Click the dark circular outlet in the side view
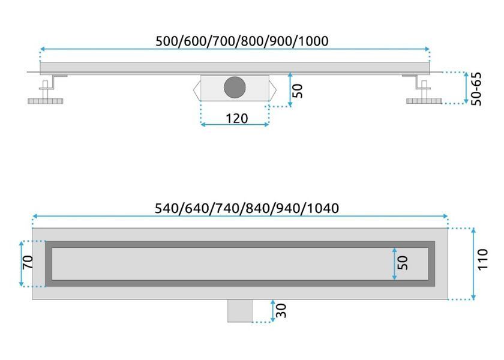[x=235, y=87]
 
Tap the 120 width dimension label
[x=237, y=119]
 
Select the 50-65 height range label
[x=476, y=89]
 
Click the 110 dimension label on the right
[x=482, y=259]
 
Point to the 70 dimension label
[x=28, y=262]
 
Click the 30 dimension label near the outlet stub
[x=281, y=311]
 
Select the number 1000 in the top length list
[x=314, y=41]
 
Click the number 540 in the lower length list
[x=166, y=208]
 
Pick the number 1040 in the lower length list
[x=323, y=208]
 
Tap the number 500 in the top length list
[x=167, y=41]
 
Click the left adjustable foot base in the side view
[x=46, y=101]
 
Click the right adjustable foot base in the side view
[x=424, y=101]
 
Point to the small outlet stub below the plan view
[x=240, y=311]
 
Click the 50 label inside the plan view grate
[x=403, y=263]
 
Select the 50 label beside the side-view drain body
[x=298, y=91]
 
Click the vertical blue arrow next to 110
[x=473, y=263]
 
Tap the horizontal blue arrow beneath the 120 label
[x=235, y=124]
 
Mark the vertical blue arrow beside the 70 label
[x=21, y=263]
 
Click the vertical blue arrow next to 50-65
[x=466, y=88]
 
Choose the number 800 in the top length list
[x=253, y=41]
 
